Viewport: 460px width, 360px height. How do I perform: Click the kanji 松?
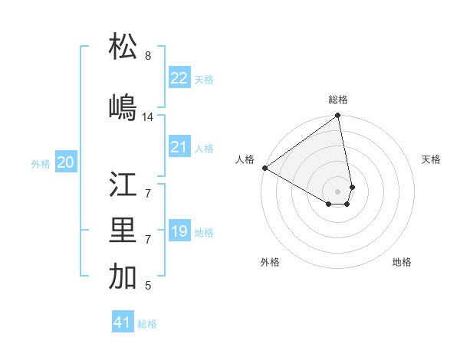(x=123, y=47)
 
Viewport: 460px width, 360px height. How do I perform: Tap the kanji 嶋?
(x=123, y=107)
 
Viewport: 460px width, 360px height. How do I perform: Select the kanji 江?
(x=123, y=185)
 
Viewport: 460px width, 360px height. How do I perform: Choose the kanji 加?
(x=123, y=277)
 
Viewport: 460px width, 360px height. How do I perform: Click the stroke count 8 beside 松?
(x=148, y=56)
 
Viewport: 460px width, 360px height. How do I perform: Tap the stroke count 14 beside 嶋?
(x=148, y=117)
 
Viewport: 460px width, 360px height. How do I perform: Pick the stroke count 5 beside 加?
(x=148, y=286)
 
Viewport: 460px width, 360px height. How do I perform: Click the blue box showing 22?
(x=179, y=78)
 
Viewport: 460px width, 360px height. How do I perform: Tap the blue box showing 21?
(x=179, y=147)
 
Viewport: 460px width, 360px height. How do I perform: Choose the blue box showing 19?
(x=179, y=231)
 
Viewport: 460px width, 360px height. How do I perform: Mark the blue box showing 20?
(x=66, y=162)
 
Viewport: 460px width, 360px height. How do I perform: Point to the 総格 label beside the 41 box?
(x=147, y=324)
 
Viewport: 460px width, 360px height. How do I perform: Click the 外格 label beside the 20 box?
(x=41, y=164)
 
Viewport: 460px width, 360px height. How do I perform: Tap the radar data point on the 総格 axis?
(x=338, y=116)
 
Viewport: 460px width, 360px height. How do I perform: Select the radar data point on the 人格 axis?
(x=264, y=168)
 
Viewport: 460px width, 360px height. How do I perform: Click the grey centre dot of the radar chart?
(x=338, y=191)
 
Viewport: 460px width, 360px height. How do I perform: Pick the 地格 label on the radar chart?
(x=402, y=262)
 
